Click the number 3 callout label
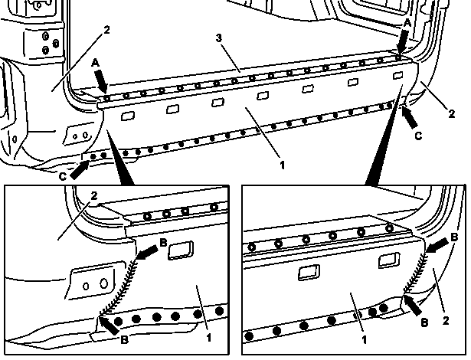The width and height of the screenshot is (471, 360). (219, 38)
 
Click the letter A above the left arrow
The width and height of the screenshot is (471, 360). (95, 63)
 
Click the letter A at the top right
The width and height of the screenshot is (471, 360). (407, 23)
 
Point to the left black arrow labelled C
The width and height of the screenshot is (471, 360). (80, 170)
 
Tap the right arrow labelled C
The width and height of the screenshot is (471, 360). (410, 117)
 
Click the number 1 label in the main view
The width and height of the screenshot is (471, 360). (282, 165)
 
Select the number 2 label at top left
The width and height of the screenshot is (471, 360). (106, 30)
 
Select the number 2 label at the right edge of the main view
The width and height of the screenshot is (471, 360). (452, 113)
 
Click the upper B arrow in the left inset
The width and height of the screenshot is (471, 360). (147, 253)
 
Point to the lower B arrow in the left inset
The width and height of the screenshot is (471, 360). (109, 325)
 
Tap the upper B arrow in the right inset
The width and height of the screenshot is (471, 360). (437, 246)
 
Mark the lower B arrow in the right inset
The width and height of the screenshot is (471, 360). (414, 305)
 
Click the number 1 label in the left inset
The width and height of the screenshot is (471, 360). (209, 338)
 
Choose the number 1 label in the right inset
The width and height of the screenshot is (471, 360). (365, 340)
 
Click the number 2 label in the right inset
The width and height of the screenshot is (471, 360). (446, 321)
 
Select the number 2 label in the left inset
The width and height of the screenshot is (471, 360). (94, 195)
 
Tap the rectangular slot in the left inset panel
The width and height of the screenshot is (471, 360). (180, 250)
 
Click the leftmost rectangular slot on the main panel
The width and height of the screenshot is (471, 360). (128, 116)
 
